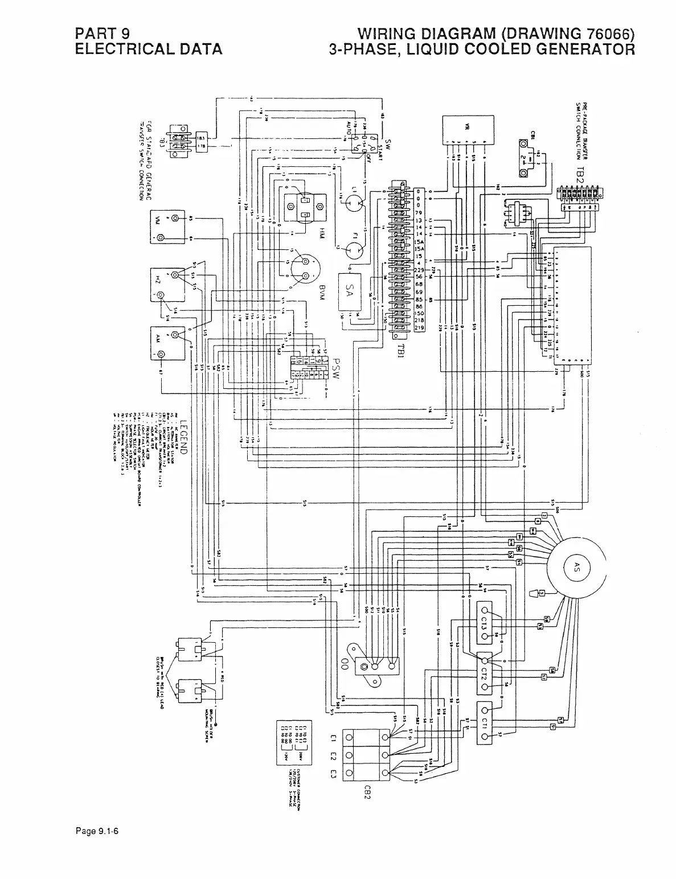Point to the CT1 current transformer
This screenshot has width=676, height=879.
point(485,723)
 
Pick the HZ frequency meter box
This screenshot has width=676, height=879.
point(167,285)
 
